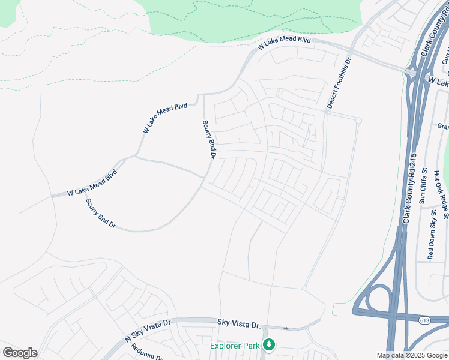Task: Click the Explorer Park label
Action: pyautogui.click(x=235, y=346)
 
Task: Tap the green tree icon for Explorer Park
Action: pyautogui.click(x=270, y=345)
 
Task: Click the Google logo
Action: pyautogui.click(x=20, y=353)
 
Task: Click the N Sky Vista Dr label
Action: pyautogui.click(x=148, y=331)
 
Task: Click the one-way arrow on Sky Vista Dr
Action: pyautogui.click(x=286, y=328)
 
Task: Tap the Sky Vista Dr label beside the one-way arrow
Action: pyautogui.click(x=239, y=324)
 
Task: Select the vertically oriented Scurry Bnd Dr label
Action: pyautogui.click(x=208, y=139)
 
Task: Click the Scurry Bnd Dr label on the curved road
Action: pyautogui.click(x=100, y=214)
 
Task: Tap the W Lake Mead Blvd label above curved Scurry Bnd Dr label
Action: pyautogui.click(x=92, y=184)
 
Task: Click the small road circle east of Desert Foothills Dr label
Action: pyautogui.click(x=358, y=121)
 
